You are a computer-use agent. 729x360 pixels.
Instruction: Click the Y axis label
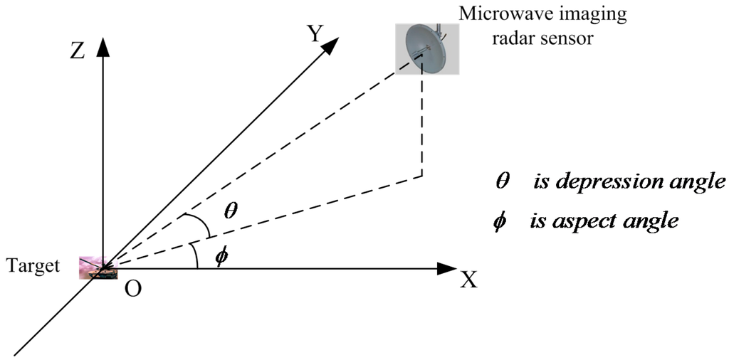315,33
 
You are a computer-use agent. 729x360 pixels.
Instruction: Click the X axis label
468,280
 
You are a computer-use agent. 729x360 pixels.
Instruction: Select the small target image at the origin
94,267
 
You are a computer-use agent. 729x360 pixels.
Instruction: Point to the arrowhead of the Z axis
104,46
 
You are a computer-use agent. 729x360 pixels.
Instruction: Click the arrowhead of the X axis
446,269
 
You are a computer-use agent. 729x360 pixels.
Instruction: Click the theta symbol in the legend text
503,181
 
